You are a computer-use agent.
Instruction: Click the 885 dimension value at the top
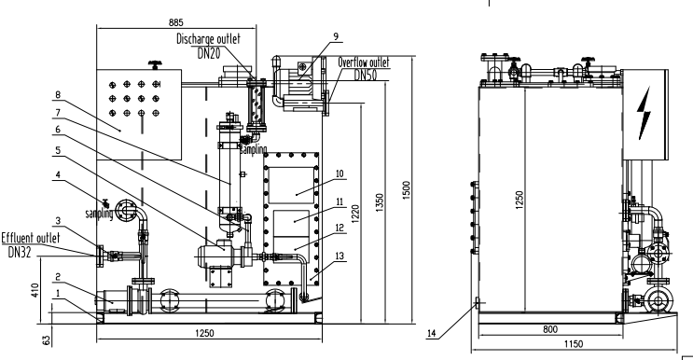coord(176,22)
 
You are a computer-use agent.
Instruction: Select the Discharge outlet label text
coord(209,39)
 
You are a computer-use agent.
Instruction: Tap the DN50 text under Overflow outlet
coord(365,76)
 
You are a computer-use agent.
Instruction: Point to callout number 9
coord(336,36)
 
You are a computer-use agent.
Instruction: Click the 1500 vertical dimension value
coord(407,189)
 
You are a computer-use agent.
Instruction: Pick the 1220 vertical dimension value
coord(355,214)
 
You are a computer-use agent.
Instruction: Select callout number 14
coord(431,333)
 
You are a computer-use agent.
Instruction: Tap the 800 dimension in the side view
coord(549,329)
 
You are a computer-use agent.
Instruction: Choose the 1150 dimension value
coord(574,343)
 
